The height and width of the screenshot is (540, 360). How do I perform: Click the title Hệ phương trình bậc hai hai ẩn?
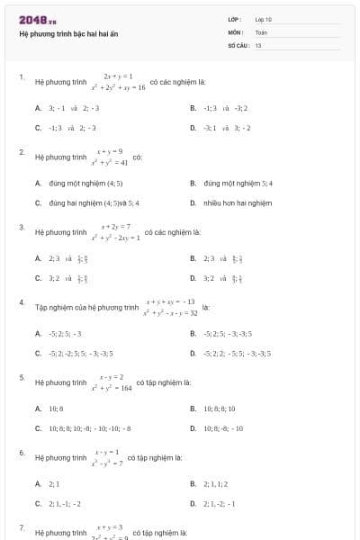[x=68, y=34]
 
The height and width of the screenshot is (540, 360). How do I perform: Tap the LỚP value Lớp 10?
[x=263, y=19]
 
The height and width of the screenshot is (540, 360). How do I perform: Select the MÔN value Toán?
[x=261, y=31]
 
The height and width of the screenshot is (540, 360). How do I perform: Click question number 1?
[x=22, y=77]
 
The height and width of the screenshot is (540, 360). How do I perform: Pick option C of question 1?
[x=72, y=128]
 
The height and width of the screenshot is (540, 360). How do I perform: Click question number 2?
[x=22, y=152]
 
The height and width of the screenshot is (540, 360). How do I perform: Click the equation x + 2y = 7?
[x=116, y=226]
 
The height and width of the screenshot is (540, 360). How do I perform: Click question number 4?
[x=22, y=302]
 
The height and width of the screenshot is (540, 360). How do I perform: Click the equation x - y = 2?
[x=111, y=377]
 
